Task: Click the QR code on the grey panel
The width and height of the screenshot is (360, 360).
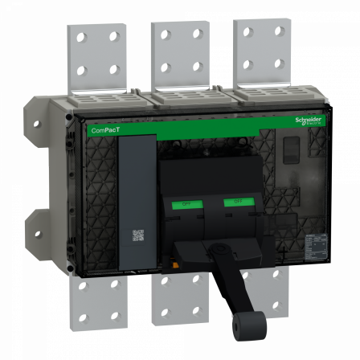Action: point(137,235)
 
